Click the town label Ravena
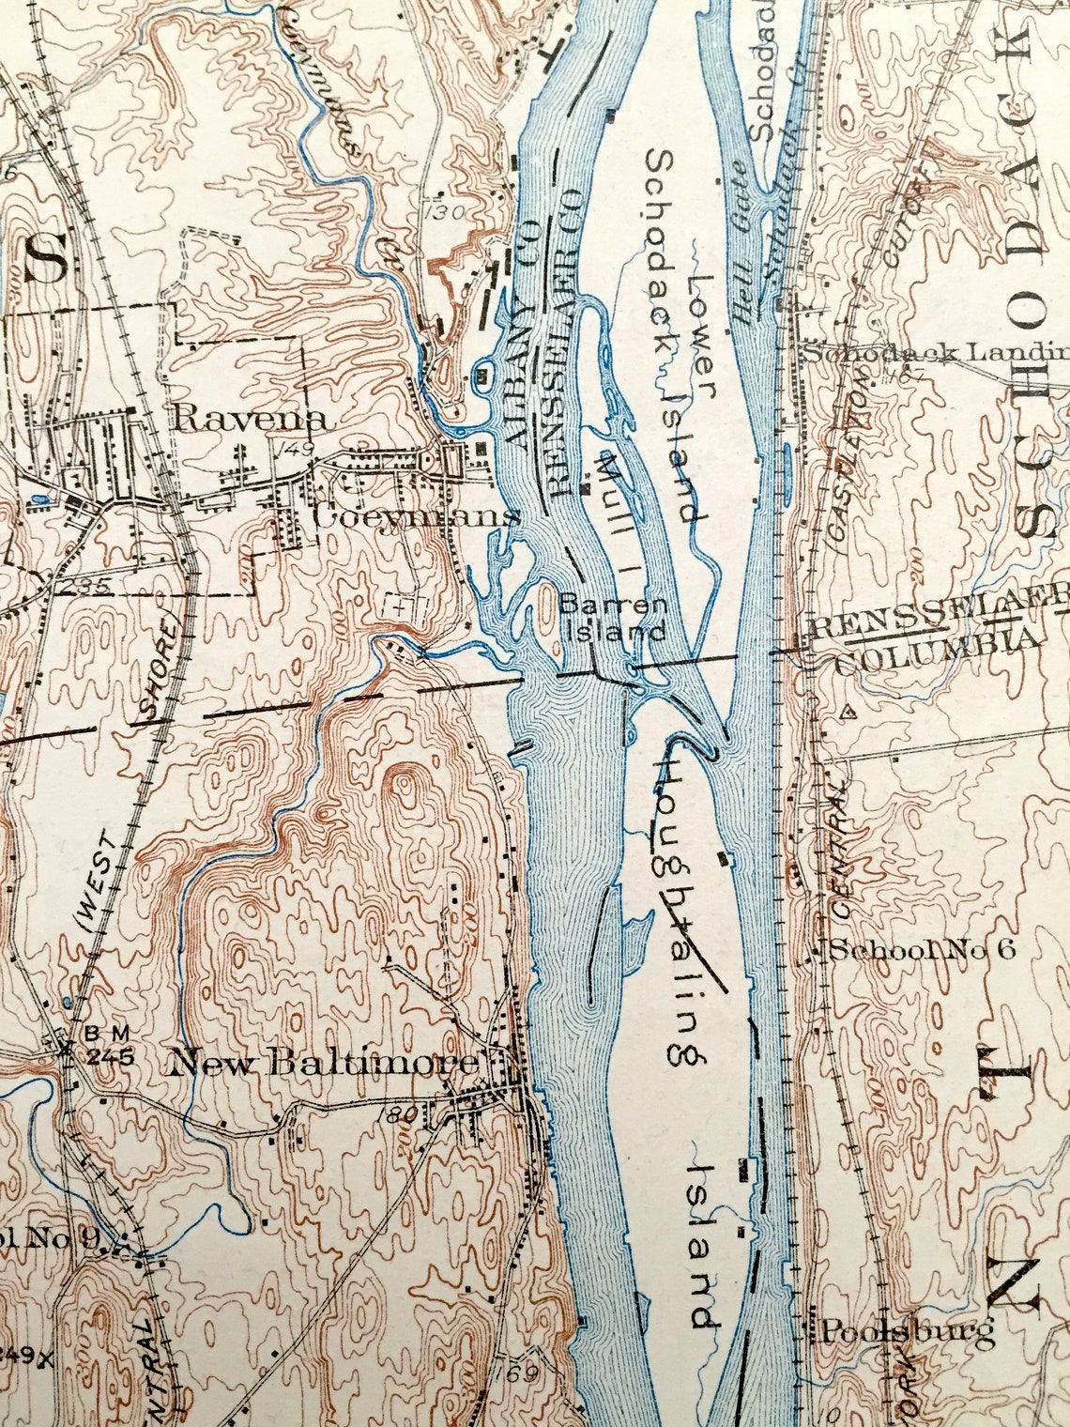[251, 419]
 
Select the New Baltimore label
[323, 1064]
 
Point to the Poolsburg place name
[907, 1330]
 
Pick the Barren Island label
[614, 618]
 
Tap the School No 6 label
[922, 949]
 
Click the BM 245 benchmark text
[110, 1045]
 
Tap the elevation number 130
[443, 212]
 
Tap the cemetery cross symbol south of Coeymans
[403, 606]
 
